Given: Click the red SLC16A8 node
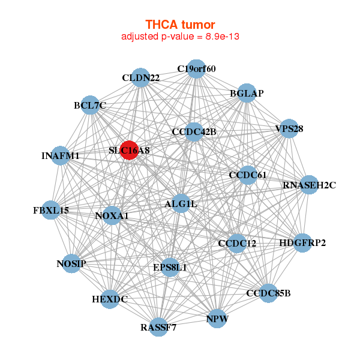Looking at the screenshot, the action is point(129,150).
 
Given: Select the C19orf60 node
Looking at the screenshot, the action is point(196,69).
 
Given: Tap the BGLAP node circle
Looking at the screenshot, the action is point(247,93).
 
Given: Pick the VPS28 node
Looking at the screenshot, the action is point(289,128).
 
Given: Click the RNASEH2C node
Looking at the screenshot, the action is point(309,185).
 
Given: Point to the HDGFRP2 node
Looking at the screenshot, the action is point(302,243).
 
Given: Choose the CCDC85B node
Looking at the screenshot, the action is point(268,293).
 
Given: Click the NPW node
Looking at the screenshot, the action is point(217,319).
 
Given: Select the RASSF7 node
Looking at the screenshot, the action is point(158,327).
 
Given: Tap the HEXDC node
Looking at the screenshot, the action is point(110,299).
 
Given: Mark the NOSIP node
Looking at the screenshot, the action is point(71,263).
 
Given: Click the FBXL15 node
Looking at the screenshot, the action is point(51,210).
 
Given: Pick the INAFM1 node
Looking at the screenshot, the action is point(60,155).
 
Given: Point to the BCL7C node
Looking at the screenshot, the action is point(90,105).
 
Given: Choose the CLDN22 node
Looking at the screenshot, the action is point(140,77).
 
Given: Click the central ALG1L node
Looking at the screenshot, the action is point(181,203).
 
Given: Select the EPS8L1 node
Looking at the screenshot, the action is point(170,267).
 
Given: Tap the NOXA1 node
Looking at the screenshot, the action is point(112,215).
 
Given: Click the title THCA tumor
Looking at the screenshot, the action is point(180,25).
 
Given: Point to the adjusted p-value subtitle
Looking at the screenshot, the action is point(180,37).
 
